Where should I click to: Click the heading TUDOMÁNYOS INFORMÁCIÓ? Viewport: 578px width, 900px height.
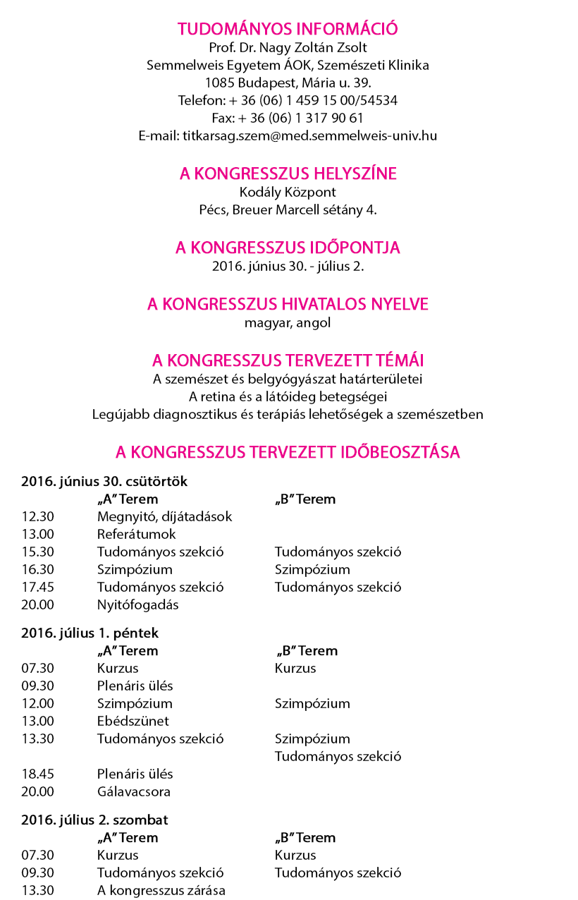288,29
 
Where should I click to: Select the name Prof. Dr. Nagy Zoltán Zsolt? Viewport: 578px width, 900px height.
288,48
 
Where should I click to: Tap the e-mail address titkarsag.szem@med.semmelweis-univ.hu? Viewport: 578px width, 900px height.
288,135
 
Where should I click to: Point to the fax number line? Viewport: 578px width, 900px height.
288,118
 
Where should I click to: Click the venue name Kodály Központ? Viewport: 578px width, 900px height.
288,192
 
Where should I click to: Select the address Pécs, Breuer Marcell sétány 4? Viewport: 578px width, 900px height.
288,209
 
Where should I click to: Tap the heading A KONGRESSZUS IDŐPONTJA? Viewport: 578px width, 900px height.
288,248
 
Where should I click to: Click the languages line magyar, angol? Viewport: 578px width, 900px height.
288,323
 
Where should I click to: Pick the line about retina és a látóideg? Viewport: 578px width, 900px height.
288,396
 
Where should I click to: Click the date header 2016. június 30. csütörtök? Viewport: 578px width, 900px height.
104,482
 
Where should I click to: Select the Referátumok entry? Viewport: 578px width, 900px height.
137,535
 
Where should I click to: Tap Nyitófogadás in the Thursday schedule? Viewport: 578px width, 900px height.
138,604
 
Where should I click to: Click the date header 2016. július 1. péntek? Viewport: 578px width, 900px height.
90,633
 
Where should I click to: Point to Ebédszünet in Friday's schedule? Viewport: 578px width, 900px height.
133,722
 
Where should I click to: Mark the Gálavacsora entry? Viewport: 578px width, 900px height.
134,791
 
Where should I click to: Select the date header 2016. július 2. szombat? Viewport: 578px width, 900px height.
94,820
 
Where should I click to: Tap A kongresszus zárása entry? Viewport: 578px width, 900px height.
161,890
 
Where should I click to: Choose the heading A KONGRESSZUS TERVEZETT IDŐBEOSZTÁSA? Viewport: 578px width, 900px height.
288,452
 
